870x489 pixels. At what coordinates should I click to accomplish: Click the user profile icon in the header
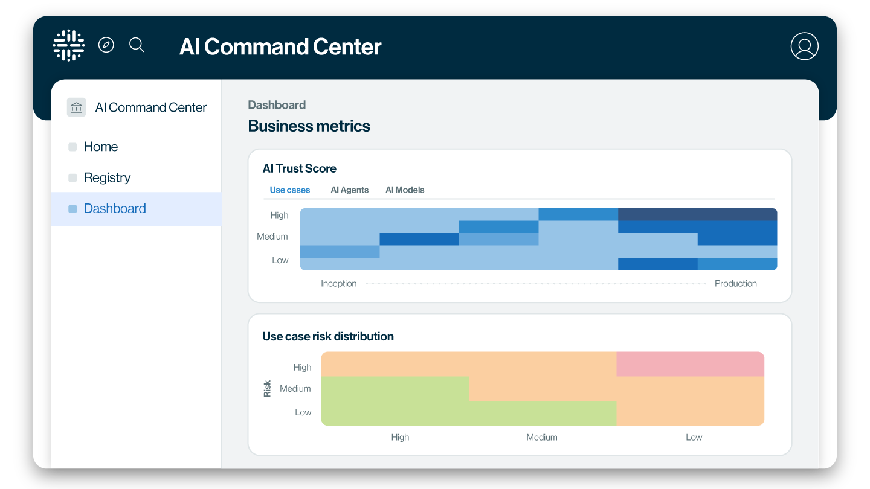pos(804,46)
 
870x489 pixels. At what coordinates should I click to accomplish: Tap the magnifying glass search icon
pos(137,45)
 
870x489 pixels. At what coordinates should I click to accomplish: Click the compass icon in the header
pos(106,45)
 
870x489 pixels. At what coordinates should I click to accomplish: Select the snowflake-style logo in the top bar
pos(69,45)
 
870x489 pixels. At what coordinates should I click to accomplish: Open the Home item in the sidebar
pos(100,147)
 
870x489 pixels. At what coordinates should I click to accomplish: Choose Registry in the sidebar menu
pos(107,177)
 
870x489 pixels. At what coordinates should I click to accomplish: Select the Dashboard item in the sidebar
pos(115,209)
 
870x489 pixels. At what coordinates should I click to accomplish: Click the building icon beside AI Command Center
pos(77,107)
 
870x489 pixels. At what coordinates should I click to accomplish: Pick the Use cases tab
pos(289,190)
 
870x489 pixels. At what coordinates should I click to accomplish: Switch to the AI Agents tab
pos(349,190)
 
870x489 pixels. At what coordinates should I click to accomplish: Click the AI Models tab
pos(405,190)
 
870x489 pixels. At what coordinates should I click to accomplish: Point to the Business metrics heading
pos(309,126)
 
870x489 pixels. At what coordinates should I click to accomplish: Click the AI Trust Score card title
pos(299,168)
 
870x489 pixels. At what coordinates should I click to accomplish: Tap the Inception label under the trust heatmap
pos(338,284)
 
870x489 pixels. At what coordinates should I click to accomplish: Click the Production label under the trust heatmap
pos(735,284)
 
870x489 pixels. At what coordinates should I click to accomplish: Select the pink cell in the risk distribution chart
pos(690,364)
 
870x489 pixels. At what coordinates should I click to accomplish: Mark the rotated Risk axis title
pos(267,389)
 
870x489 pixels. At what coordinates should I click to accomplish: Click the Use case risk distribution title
pos(328,337)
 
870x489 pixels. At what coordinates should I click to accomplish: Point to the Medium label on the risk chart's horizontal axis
pos(541,437)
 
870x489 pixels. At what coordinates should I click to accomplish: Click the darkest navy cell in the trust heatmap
pos(697,214)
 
